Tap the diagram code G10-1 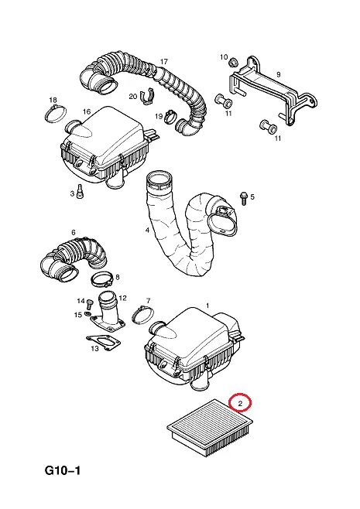pos(63,470)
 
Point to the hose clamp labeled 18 pos(55,114)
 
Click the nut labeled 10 pos(232,62)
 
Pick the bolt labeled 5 pos(244,198)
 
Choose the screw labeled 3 pos(80,191)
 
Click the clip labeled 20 pos(147,96)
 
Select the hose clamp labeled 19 pos(170,116)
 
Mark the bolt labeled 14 pos(89,305)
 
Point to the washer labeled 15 pos(87,313)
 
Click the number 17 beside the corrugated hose pos(164,61)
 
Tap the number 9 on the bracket pos(279,74)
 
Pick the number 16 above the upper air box pos(87,111)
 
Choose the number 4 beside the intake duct pos(148,231)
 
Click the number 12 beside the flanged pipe pos(122,298)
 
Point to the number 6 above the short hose pos(73,232)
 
